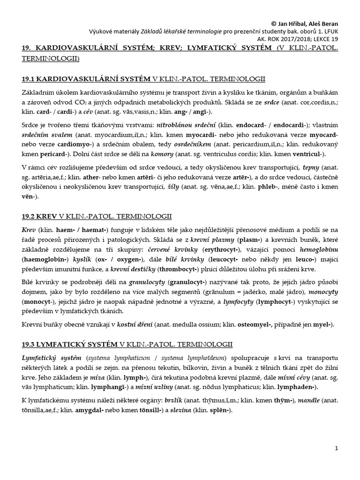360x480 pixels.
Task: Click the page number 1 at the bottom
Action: [x=336, y=449]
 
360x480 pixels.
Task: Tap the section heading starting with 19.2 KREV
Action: [x=97, y=216]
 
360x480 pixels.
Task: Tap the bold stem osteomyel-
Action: [x=256, y=324]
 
